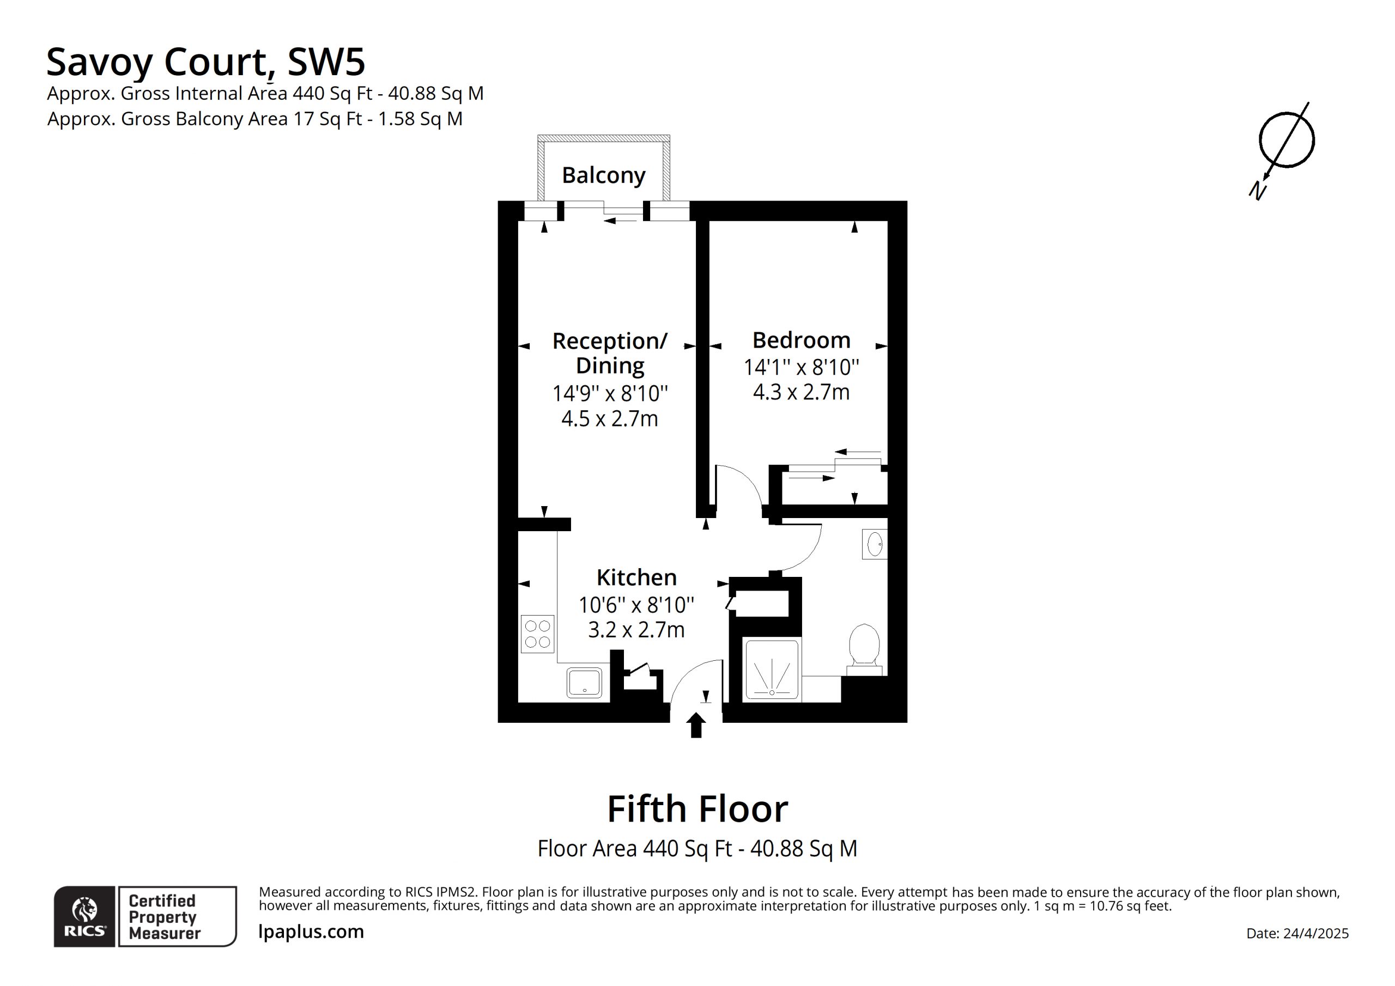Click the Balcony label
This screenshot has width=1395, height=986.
[x=603, y=175]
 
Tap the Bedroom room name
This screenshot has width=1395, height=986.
[x=802, y=340]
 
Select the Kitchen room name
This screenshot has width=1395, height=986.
[x=636, y=577]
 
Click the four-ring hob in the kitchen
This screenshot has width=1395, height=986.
[x=538, y=634]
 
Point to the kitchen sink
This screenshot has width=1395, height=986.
[x=585, y=683]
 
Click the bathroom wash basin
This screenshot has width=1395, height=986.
[x=874, y=544]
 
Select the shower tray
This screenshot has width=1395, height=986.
[x=772, y=669]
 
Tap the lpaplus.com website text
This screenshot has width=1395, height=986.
[x=311, y=932]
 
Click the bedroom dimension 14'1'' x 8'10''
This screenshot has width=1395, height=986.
[x=802, y=367]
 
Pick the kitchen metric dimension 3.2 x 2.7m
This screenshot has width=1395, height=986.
[x=636, y=630]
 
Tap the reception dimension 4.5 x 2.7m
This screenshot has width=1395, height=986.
[x=609, y=418]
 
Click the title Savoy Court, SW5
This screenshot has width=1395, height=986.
[x=205, y=62]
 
